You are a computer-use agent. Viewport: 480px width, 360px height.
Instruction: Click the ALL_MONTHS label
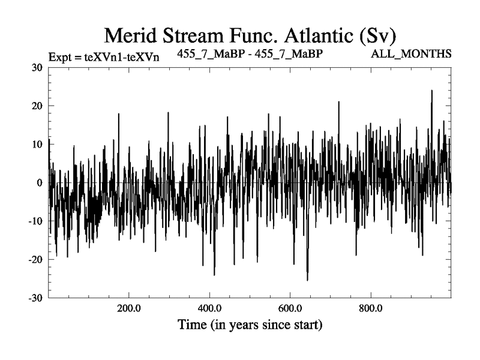coord(412,54)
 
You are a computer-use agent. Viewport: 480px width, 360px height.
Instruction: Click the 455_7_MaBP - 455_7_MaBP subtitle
coord(251,54)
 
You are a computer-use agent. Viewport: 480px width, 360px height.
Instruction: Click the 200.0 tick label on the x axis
coord(128,309)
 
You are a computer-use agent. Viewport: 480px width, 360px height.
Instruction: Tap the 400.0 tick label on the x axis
coord(209,309)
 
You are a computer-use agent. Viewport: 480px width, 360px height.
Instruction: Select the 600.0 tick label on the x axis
coord(290,309)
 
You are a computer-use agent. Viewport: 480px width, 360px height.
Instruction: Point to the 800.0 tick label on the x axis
coord(371,309)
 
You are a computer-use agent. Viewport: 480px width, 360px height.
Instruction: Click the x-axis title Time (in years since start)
coord(250,326)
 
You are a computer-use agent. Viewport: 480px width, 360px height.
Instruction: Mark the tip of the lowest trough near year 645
coord(307,280)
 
